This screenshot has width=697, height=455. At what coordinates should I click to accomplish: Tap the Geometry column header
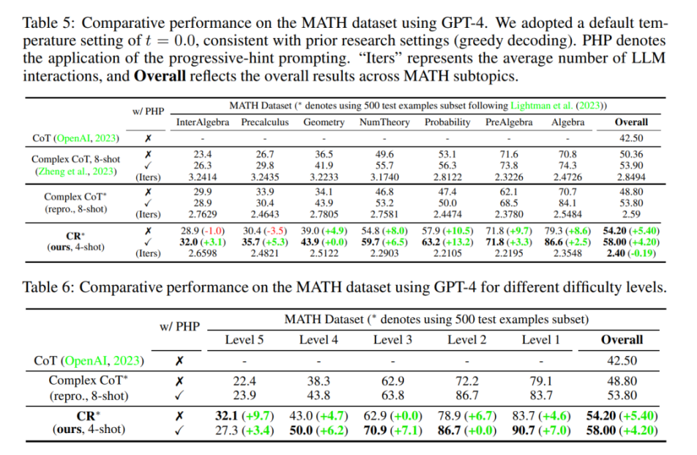click(x=324, y=122)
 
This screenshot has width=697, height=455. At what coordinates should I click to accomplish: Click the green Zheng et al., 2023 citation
click(x=76, y=171)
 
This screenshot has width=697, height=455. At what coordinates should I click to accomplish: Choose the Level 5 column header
click(x=245, y=339)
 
